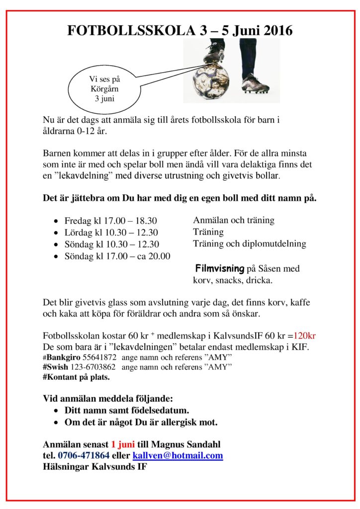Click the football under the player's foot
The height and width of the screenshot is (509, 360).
211,81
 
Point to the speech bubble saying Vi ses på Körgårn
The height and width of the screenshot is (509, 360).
104,89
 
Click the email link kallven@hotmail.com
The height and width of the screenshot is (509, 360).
178,456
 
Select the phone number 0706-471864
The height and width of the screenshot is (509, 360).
84,456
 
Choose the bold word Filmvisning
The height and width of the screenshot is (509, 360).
220,269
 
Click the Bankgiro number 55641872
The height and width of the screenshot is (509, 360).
99,357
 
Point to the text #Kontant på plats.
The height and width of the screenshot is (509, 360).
77,377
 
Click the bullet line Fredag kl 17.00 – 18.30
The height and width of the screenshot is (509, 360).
111,221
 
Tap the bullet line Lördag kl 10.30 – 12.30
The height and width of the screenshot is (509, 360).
111,233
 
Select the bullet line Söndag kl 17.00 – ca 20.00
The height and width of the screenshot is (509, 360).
117,256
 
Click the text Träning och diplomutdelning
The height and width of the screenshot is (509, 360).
250,244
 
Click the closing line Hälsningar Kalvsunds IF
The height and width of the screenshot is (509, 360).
95,468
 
